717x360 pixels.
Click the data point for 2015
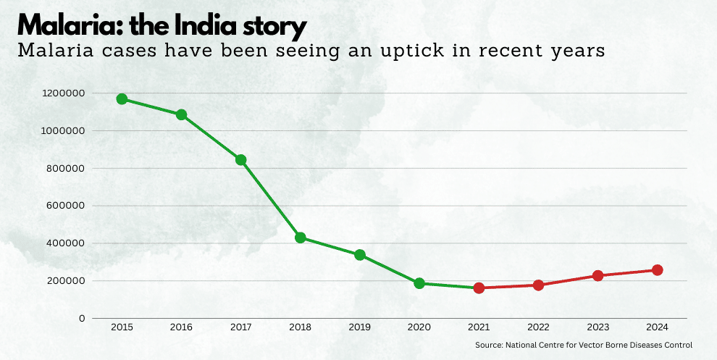(122, 99)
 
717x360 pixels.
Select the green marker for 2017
(241, 160)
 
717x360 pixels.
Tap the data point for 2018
(301, 238)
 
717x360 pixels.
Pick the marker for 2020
(419, 283)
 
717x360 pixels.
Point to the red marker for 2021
(479, 288)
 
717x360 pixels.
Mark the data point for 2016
(181, 114)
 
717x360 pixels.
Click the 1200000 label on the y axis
(64, 93)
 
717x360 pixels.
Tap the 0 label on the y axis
(82, 318)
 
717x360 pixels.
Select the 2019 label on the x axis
(360, 327)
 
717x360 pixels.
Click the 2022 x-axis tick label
(538, 327)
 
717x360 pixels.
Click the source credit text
(584, 345)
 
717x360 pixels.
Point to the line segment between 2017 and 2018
(271, 199)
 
